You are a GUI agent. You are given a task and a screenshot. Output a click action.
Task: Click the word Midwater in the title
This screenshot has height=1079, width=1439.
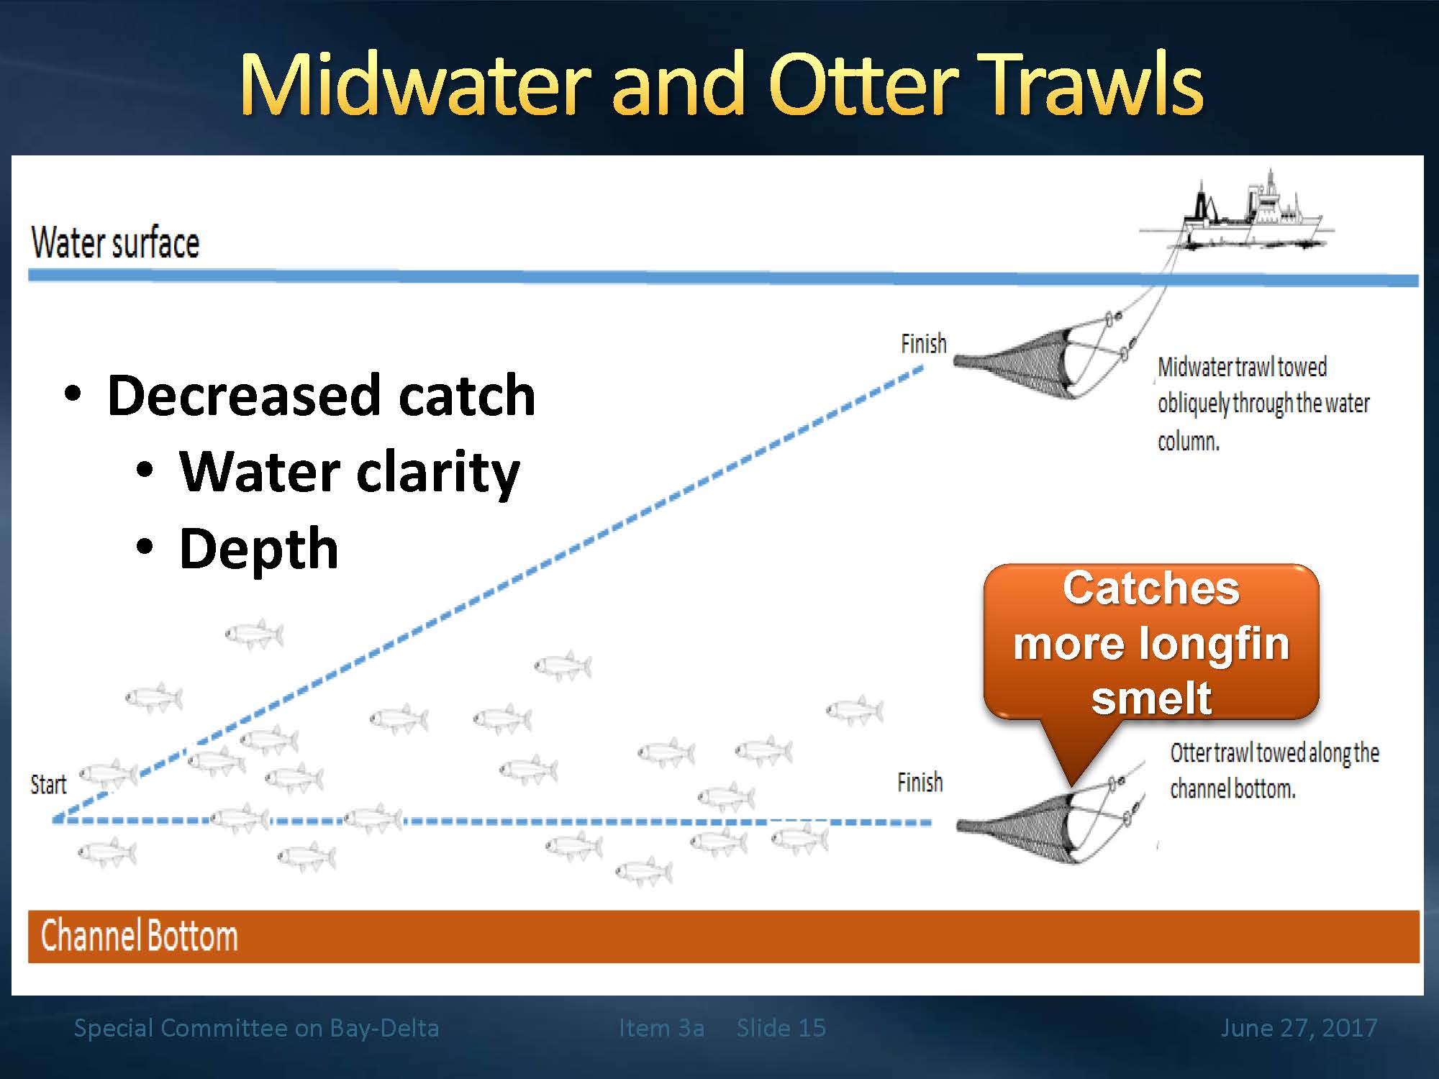coord(417,84)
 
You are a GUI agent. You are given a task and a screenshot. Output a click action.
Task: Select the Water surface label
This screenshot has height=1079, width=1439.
coord(115,242)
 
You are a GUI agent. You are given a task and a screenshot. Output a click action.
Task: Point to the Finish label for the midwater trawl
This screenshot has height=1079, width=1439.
coord(924,344)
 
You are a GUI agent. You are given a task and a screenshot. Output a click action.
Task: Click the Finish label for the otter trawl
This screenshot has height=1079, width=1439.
coord(920,782)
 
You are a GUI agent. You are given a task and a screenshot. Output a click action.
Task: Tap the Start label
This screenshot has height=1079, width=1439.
coord(48,784)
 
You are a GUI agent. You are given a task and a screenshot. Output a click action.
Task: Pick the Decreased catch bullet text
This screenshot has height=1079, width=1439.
coord(321,395)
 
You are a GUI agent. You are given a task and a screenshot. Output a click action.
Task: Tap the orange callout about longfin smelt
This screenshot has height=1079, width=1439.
coord(1151,642)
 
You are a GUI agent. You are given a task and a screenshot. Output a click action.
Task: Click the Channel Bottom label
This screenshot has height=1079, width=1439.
coord(139,936)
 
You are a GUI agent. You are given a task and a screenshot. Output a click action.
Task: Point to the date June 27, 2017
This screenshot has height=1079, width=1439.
coord(1299,1027)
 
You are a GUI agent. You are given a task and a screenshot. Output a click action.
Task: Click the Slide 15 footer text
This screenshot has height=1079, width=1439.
coord(781,1027)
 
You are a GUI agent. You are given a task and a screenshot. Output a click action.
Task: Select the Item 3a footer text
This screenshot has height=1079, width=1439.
coord(661,1027)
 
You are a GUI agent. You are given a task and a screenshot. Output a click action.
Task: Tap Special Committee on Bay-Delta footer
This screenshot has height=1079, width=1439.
coord(256,1028)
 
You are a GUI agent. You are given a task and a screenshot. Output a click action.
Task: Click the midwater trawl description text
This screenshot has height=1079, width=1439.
coord(1263,404)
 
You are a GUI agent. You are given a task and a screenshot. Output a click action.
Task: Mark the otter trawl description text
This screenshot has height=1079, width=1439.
coord(1274,771)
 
